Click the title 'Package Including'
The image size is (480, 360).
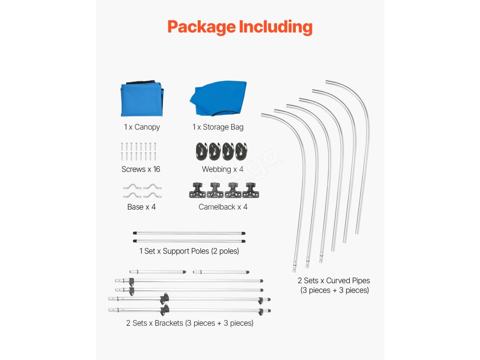point(240,27)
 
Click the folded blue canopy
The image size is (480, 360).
point(142,100)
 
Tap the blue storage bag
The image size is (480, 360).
point(218,99)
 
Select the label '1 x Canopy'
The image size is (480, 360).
point(142,127)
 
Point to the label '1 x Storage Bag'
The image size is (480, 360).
point(218,127)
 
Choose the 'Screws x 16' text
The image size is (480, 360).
point(141,169)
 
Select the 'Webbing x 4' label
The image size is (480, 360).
point(223,169)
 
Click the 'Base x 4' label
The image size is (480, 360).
point(141,207)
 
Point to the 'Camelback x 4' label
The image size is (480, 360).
point(223,207)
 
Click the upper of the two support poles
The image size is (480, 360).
point(189,232)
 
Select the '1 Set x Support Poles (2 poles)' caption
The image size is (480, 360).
point(189,251)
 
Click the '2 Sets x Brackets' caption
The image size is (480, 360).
point(189,323)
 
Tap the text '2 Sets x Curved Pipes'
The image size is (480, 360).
point(334,281)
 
